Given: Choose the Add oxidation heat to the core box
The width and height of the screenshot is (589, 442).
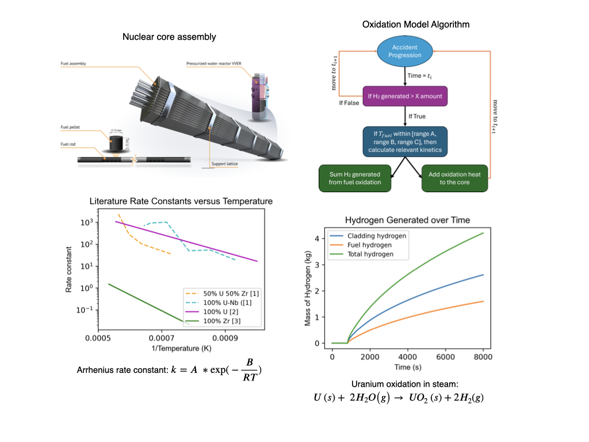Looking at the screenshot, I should pos(454,178).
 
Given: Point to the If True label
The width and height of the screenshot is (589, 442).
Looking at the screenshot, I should pos(417,116).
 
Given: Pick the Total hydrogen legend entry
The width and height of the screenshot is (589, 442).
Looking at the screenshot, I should pos(364,254).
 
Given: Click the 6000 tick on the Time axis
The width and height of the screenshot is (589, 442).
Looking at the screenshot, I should pos(445,356).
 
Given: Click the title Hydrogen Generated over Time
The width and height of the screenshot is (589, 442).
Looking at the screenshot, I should pos(407,220).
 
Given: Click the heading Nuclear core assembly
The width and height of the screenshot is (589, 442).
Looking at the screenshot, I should pos(169,37).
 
